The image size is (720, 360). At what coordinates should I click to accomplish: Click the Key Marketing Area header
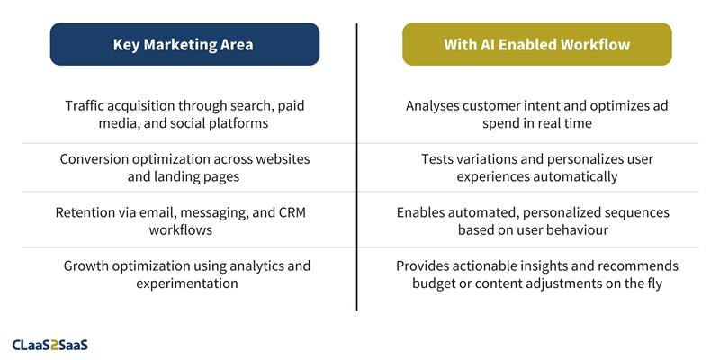tap(184, 44)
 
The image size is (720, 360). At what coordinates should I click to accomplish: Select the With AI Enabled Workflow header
tap(536, 44)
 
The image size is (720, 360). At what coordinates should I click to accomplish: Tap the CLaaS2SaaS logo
tap(50, 344)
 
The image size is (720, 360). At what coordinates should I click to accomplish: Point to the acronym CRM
tap(293, 212)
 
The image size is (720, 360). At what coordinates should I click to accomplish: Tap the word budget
tap(435, 283)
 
